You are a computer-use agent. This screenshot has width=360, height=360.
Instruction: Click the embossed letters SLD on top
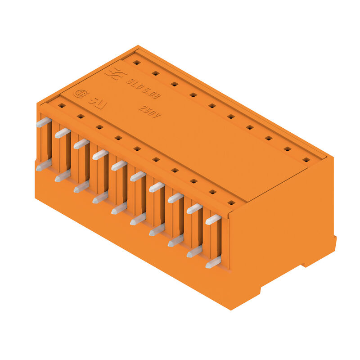click(x=133, y=84)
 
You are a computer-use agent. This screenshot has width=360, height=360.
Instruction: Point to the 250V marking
click(x=149, y=111)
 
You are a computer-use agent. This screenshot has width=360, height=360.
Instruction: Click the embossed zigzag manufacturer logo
click(x=113, y=73)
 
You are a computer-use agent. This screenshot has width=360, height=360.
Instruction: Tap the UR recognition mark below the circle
click(x=96, y=101)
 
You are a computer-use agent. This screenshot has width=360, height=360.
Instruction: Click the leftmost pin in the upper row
click(x=42, y=122)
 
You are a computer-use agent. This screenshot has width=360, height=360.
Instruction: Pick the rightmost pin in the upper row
click(x=213, y=219)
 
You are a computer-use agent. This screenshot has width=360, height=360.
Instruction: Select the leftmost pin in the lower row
click(x=43, y=167)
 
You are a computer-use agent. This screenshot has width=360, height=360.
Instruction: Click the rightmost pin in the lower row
click(x=213, y=262)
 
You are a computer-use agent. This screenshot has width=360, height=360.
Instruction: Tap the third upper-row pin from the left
click(x=81, y=144)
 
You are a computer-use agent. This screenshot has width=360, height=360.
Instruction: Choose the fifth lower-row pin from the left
click(x=119, y=208)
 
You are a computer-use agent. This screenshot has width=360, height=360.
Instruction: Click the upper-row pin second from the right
click(x=194, y=208)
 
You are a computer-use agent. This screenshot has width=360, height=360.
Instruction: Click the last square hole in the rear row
click(x=306, y=159)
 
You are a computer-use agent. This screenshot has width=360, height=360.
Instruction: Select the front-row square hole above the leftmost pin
click(x=62, y=105)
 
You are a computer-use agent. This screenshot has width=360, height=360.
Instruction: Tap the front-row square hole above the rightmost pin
click(x=231, y=202)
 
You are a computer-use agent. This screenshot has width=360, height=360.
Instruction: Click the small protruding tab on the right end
click(x=334, y=243)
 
